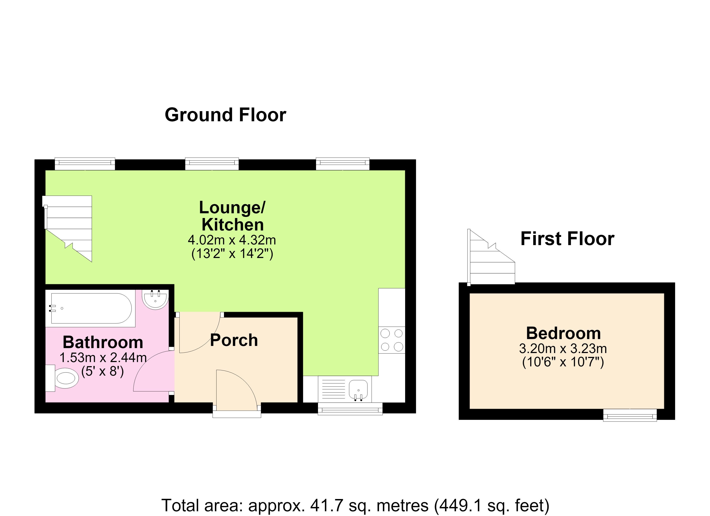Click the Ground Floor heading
pos(225,115)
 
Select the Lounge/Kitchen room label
pos(232,216)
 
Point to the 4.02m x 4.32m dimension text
pos(232,240)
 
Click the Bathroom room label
pos(103,342)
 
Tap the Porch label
pos(234,340)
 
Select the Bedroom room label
pos(563,333)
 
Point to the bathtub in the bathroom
pos(91,308)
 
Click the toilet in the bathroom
pos(62,378)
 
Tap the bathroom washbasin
pos(155,299)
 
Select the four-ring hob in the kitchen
pos(392,340)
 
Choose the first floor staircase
pos(491,257)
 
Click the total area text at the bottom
pos(355,505)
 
